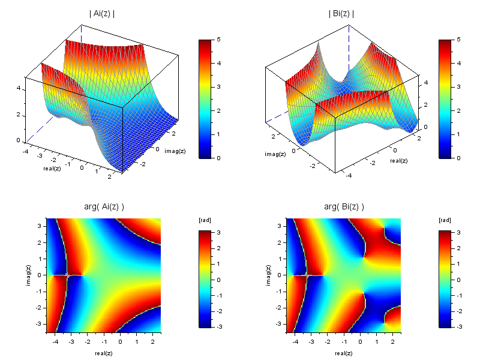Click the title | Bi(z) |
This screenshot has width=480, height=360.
341,13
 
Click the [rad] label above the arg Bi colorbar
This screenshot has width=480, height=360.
445,220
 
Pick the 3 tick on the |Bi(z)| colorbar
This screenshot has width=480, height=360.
458,87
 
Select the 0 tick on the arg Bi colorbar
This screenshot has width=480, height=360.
458,280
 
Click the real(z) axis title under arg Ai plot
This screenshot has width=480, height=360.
104,353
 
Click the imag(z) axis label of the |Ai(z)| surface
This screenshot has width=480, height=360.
173,151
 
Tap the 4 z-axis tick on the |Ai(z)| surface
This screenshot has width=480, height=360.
19,88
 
